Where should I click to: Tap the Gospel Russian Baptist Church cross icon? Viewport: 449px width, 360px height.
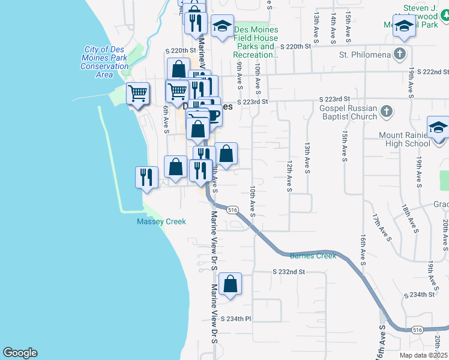tap(387, 111)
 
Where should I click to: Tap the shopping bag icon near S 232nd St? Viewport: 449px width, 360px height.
tap(230, 284)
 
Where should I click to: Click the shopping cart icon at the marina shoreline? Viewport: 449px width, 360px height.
tap(138, 94)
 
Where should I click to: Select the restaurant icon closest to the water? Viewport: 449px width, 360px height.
tap(146, 177)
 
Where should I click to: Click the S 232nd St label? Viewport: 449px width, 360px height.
tap(289, 272)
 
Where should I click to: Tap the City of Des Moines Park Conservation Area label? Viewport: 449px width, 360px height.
tap(105, 62)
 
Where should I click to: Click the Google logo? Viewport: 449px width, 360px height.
tap(20, 353)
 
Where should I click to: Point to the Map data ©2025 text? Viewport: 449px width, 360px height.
tap(424, 355)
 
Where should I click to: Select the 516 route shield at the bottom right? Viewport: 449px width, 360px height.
tap(417, 330)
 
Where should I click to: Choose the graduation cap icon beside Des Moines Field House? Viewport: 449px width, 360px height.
tap(223, 26)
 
